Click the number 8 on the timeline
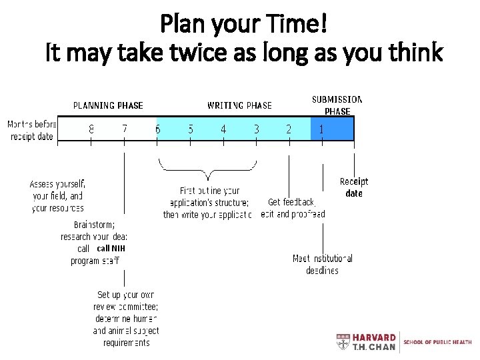[91, 129]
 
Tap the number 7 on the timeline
[125, 129]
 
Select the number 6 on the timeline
[158, 129]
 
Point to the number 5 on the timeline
[191, 129]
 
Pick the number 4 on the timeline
[223, 129]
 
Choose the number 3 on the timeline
[257, 129]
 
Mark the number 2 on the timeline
[289, 129]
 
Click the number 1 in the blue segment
[321, 129]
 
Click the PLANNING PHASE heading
[108, 105]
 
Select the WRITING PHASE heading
[239, 105]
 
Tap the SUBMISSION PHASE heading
[337, 105]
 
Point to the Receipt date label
[354, 187]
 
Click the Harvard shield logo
[343, 342]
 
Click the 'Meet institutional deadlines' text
[323, 264]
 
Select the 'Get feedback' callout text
[291, 202]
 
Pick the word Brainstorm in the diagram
[94, 225]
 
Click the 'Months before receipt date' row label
[31, 130]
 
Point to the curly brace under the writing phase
[207, 171]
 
